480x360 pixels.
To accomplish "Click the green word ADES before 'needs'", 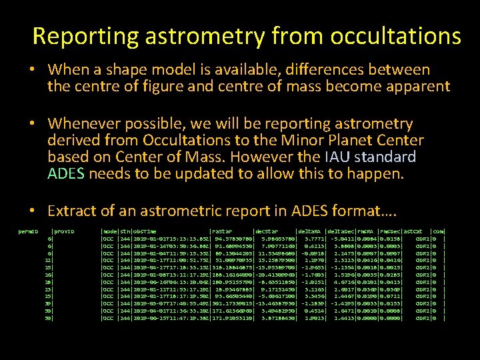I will [x=67, y=175].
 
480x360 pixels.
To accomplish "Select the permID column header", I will [x=29, y=231].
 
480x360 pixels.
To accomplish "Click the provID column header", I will [x=63, y=231].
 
